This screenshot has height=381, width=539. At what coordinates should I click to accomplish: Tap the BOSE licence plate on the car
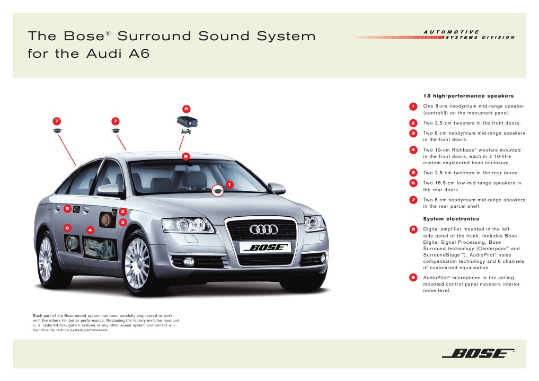point(264,247)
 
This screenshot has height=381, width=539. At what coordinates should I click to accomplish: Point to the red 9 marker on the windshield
point(185,156)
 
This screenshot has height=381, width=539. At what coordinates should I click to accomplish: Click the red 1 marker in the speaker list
point(412,107)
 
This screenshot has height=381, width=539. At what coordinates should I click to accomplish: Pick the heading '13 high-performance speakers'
point(468,96)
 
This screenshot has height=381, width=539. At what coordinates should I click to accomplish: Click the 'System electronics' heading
point(450,219)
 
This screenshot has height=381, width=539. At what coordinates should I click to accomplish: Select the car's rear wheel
point(46,259)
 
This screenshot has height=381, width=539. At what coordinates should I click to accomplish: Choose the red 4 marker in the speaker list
point(412,150)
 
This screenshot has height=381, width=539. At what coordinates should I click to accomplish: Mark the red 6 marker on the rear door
point(67,227)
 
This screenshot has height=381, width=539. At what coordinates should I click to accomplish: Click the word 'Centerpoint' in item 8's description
point(486,249)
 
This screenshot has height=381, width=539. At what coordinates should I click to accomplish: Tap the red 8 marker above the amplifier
point(186,109)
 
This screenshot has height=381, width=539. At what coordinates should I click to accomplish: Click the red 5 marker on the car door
point(67,208)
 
